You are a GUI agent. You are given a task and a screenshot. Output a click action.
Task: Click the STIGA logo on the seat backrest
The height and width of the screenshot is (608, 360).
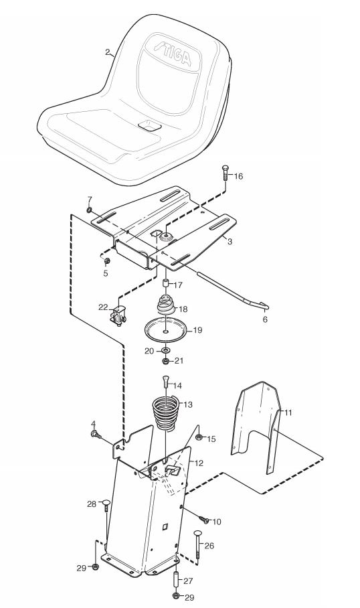point(173,54)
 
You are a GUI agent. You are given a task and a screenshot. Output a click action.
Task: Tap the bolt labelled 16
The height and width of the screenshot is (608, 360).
point(226,173)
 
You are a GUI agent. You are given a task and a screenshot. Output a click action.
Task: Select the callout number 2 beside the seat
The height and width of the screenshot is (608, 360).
point(107,52)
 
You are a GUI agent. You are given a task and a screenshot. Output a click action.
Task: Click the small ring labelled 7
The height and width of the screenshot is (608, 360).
point(90,210)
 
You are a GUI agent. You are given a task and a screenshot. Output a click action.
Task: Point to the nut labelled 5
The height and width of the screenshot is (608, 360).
point(107,260)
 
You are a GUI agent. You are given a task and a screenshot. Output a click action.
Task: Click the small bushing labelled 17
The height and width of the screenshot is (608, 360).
point(165,284)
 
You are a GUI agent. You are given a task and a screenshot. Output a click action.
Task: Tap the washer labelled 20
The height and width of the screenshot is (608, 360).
point(165,351)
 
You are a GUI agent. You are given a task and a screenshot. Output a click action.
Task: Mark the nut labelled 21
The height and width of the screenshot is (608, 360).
point(165,361)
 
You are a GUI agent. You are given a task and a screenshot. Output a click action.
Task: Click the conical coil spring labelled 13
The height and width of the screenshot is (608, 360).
point(165,412)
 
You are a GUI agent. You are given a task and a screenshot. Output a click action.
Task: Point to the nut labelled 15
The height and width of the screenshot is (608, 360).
point(199,438)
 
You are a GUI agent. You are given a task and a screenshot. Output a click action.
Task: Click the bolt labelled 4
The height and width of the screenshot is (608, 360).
point(95,435)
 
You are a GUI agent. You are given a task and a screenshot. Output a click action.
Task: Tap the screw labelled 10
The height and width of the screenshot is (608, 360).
point(203,519)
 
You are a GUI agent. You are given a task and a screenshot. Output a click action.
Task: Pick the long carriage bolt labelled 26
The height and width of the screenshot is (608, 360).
point(197,544)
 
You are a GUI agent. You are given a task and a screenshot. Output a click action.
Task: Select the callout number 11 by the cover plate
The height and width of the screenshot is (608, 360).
point(288,412)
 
